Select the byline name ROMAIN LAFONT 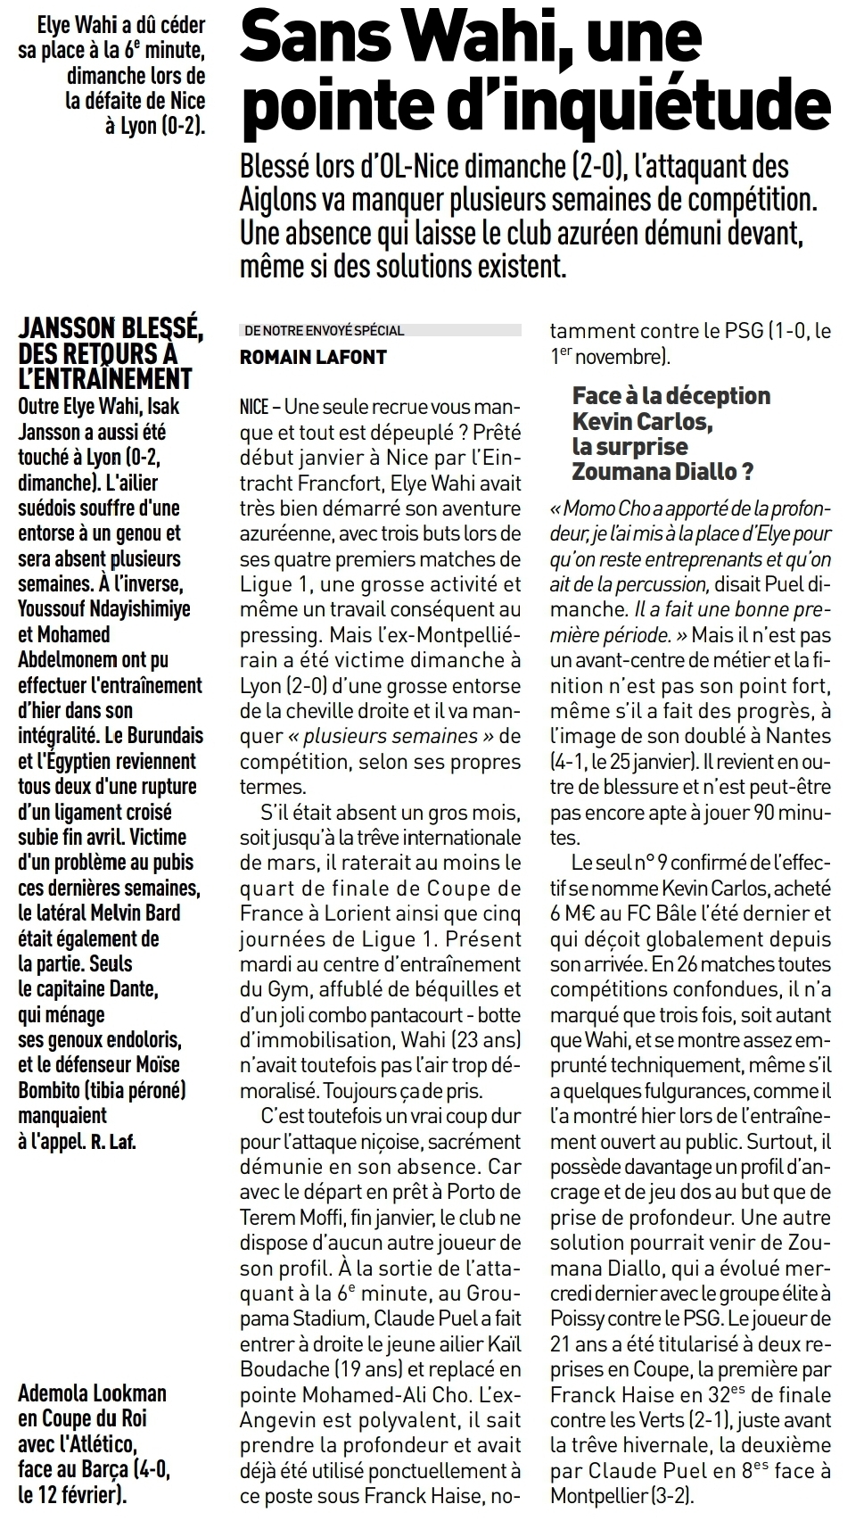pos(313,357)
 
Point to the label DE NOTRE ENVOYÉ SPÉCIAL pos(323,330)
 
